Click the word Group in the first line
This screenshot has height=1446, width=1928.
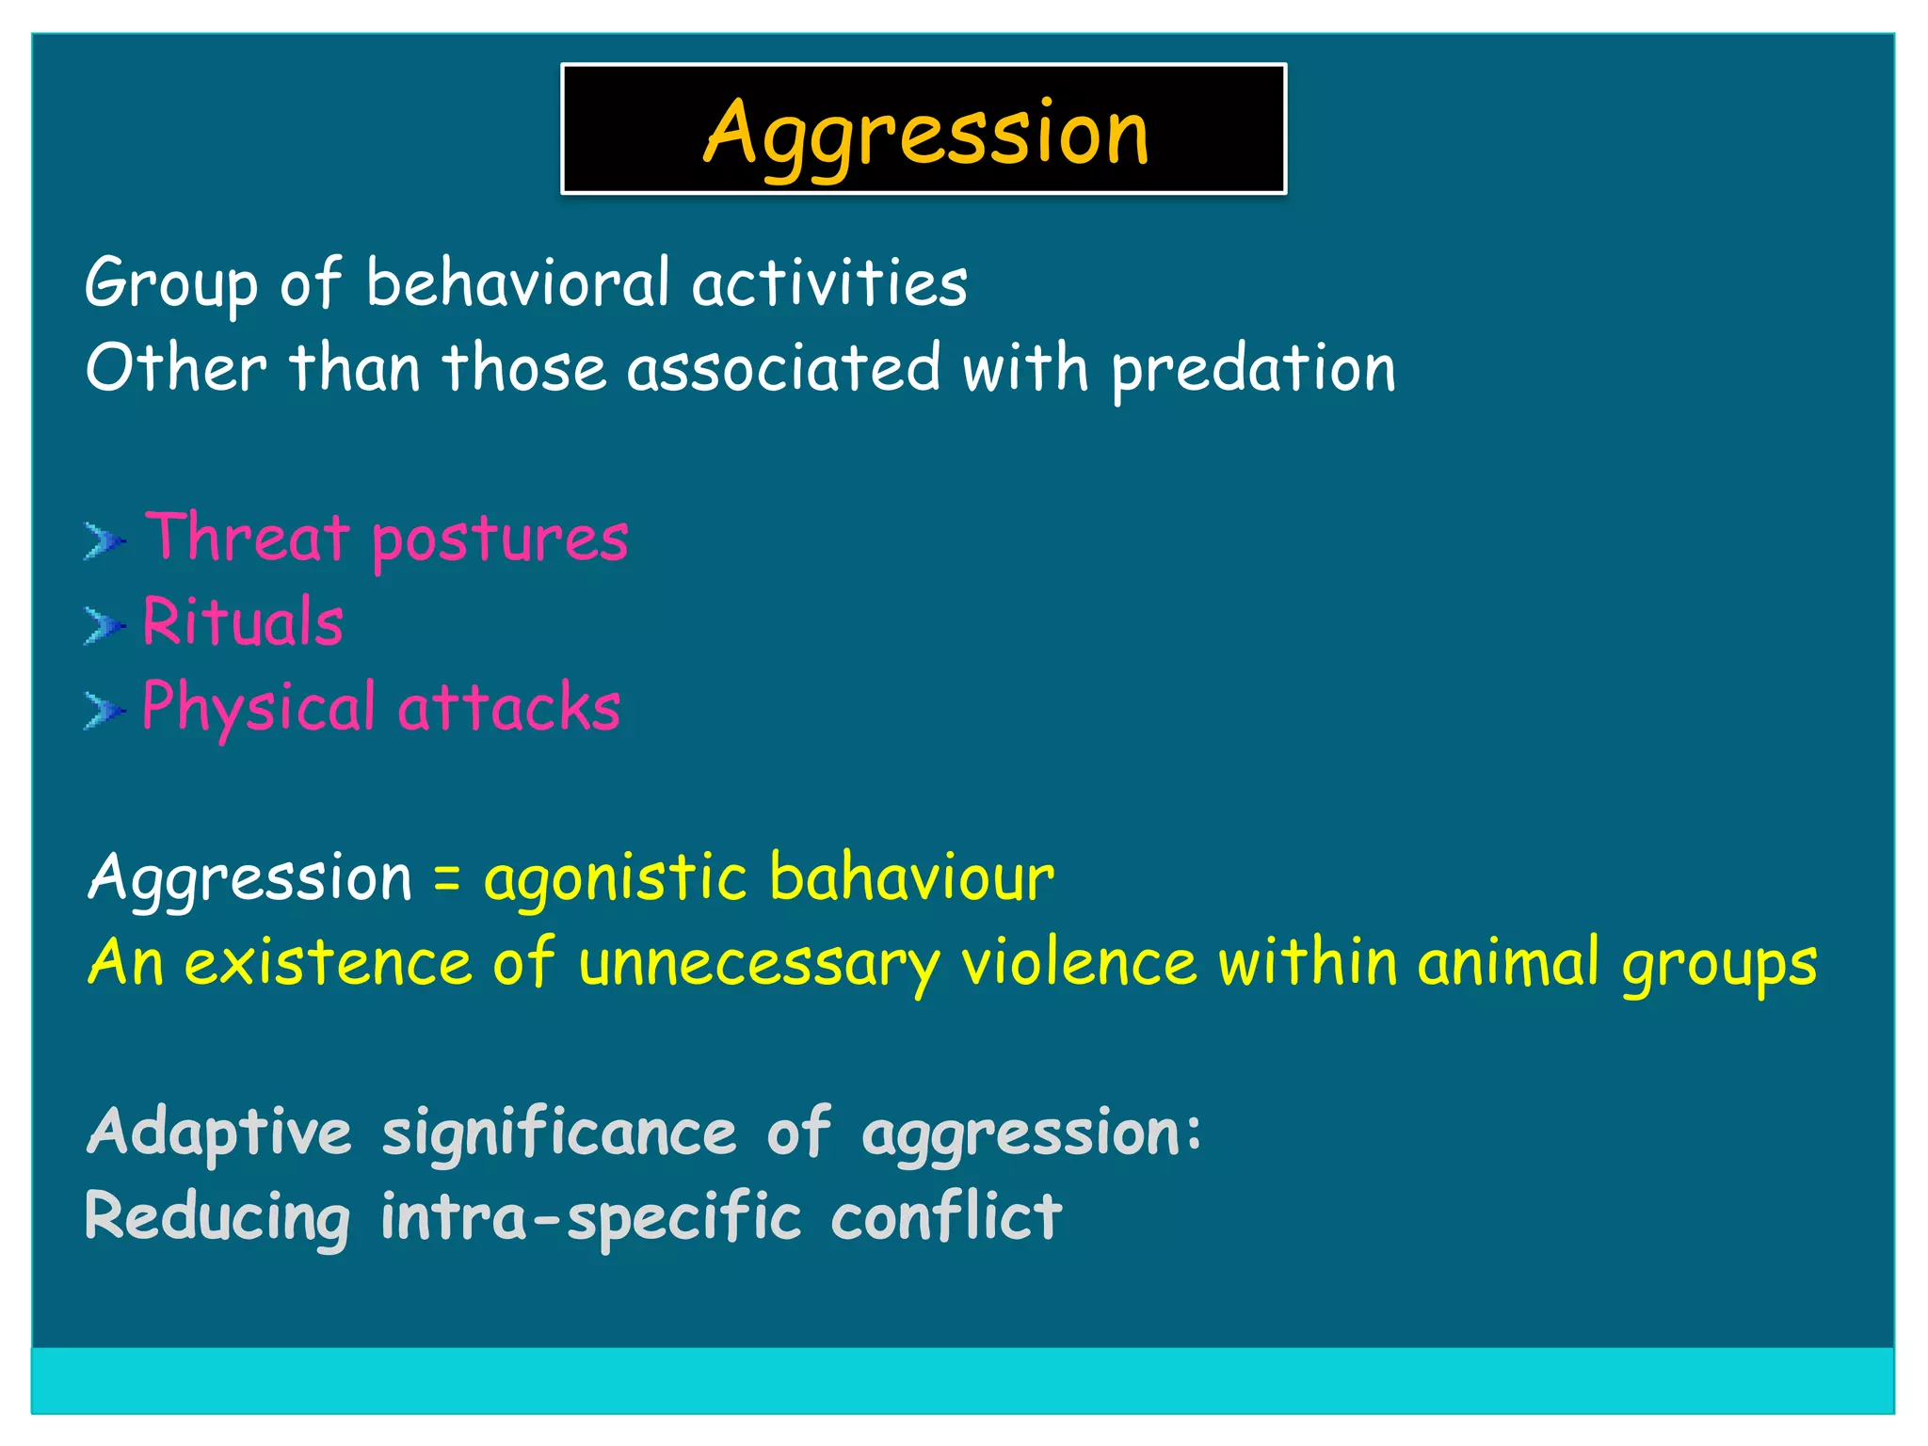pyautogui.click(x=170, y=282)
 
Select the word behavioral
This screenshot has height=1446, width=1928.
pyautogui.click(x=518, y=282)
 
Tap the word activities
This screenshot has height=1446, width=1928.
pyautogui.click(x=829, y=282)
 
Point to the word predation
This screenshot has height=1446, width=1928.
pyautogui.click(x=1253, y=368)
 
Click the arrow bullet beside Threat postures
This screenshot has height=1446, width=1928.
pyautogui.click(x=104, y=541)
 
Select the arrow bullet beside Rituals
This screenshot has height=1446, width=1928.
pyautogui.click(x=104, y=626)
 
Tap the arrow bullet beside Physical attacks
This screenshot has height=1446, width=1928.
pyautogui.click(x=104, y=711)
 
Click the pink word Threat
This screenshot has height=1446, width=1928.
pyautogui.click(x=248, y=538)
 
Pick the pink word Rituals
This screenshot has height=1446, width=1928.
pyautogui.click(x=243, y=622)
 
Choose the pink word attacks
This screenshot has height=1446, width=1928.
pyautogui.click(x=509, y=707)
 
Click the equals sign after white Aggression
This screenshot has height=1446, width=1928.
pyautogui.click(x=447, y=878)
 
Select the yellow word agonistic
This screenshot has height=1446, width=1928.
pyautogui.click(x=615, y=878)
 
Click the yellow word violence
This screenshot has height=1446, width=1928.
pyautogui.click(x=1078, y=962)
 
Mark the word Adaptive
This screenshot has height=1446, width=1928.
pyautogui.click(x=219, y=1133)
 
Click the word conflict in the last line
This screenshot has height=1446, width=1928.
pyautogui.click(x=946, y=1216)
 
